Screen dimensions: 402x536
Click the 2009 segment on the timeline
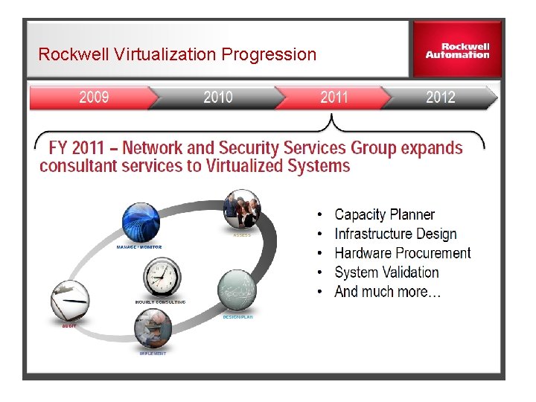tap(94, 98)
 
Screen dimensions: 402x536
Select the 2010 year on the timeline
tap(217, 98)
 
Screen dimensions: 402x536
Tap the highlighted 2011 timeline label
tap(334, 98)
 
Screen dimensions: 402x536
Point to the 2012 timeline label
tap(440, 98)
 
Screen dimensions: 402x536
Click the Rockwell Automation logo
tap(457, 51)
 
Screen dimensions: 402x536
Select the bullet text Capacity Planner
tap(384, 214)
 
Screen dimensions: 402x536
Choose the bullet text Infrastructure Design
tap(395, 234)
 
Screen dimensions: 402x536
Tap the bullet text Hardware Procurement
tap(402, 253)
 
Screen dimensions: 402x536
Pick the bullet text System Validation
tap(386, 272)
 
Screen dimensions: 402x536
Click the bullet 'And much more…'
tap(387, 292)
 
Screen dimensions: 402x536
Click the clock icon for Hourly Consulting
tap(161, 277)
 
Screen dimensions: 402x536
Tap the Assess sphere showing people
tap(242, 209)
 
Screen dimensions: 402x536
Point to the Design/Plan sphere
tap(237, 291)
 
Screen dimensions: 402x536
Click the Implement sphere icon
tap(153, 328)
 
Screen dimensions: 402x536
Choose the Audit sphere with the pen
tap(69, 301)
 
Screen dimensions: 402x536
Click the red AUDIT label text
tap(68, 325)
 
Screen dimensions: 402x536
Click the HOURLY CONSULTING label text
tap(160, 301)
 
